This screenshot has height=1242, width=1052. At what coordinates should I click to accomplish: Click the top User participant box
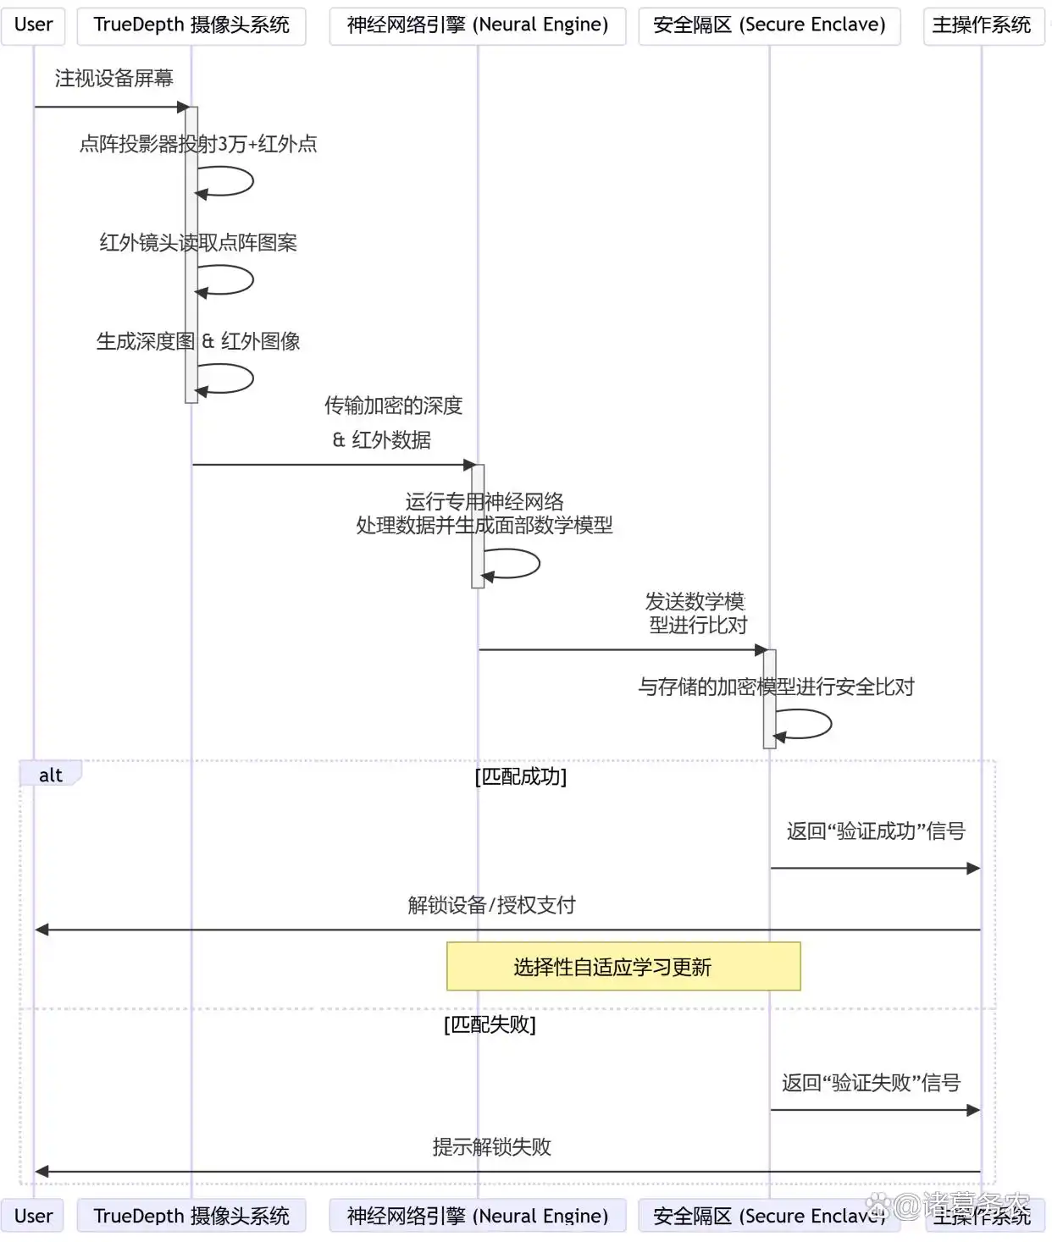point(33,25)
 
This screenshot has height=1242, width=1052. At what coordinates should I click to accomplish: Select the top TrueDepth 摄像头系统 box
point(191,25)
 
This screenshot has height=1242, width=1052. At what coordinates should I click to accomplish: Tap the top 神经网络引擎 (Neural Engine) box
point(478,25)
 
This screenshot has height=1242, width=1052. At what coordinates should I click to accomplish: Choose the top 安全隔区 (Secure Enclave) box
point(769,25)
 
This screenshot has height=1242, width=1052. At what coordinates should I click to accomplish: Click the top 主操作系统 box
point(982,25)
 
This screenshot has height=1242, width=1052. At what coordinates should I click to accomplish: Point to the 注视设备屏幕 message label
point(114,79)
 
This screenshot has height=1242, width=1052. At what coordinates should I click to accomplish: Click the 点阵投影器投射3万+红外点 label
point(198,145)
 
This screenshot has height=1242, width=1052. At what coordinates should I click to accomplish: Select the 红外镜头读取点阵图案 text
point(198,243)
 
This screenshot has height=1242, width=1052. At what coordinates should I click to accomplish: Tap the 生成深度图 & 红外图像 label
point(198,341)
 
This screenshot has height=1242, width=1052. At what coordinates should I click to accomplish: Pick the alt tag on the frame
point(51,775)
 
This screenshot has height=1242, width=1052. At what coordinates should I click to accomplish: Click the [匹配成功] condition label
point(520,776)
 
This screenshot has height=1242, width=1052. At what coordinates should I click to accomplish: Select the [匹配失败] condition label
point(490,1024)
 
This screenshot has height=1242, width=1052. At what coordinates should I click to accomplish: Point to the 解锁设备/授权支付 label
point(491,905)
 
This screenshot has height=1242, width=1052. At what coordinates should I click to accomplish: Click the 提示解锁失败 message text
point(491,1147)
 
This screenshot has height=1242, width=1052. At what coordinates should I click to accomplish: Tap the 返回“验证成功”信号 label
point(876,831)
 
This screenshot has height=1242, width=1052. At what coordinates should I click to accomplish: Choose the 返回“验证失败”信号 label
point(871,1083)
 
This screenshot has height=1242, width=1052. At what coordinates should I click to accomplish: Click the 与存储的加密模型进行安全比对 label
point(776,687)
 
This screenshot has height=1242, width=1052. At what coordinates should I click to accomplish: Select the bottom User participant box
point(33,1216)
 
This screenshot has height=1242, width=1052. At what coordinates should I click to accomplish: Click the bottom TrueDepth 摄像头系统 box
point(191,1216)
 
